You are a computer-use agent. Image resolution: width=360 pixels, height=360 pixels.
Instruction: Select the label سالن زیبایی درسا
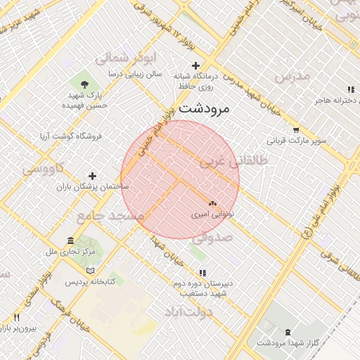(135, 73)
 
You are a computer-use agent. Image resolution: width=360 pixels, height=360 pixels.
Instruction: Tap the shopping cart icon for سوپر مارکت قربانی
(296, 129)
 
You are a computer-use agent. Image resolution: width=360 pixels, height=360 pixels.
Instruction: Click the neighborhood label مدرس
(292, 76)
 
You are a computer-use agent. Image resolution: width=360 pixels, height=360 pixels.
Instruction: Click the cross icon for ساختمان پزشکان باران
(92, 176)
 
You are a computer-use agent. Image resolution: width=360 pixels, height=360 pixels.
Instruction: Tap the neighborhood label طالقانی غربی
(234, 161)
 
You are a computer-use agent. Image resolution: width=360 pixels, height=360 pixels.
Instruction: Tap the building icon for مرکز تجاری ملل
(70, 240)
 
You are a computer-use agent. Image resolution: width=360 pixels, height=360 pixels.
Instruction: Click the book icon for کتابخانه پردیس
(89, 271)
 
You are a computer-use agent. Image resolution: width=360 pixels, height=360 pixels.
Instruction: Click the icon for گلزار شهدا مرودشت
(288, 332)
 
